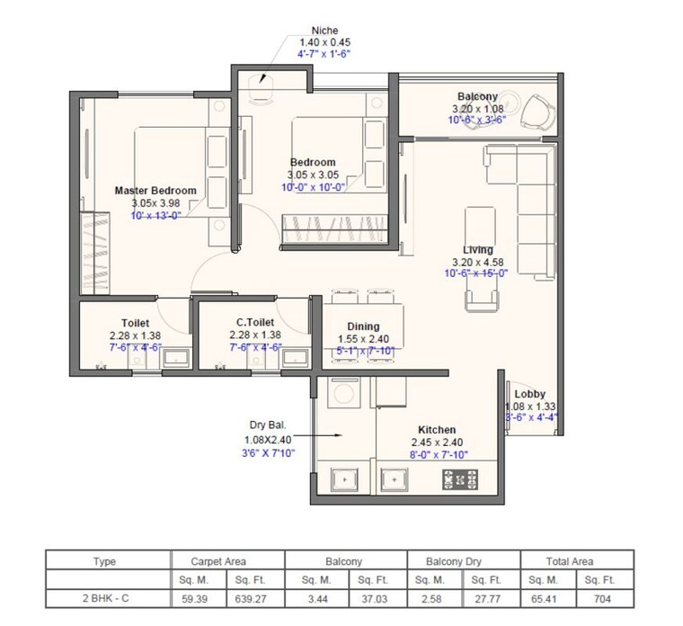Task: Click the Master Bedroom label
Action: pyautogui.click(x=155, y=191)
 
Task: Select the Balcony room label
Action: pyautogui.click(x=477, y=96)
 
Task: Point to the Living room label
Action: pyautogui.click(x=477, y=250)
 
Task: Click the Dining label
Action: pyautogui.click(x=363, y=326)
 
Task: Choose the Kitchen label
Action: pyautogui.click(x=436, y=431)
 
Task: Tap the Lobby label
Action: pyautogui.click(x=529, y=394)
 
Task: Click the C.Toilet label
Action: pyautogui.click(x=255, y=322)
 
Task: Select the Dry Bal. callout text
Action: pyautogui.click(x=271, y=425)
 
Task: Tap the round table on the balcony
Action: pyautogui.click(x=509, y=99)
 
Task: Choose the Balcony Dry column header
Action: pyautogui.click(x=463, y=561)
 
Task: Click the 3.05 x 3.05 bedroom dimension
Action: pyautogui.click(x=311, y=174)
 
